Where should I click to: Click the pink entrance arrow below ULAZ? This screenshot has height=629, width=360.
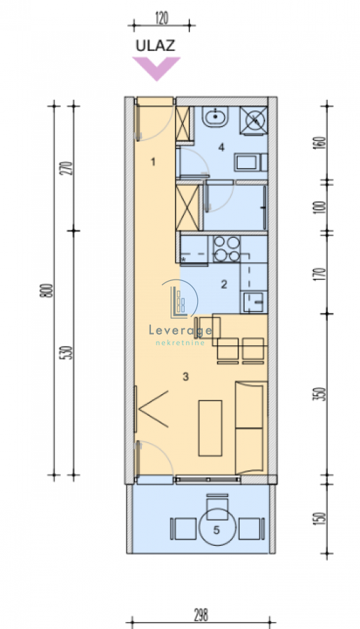pos(156,67)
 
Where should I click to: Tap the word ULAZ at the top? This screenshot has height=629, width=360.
pos(155,45)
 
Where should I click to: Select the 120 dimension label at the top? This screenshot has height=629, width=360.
pos(161,18)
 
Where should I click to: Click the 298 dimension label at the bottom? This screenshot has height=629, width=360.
pos(201,614)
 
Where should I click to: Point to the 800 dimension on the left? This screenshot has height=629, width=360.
pos(48,290)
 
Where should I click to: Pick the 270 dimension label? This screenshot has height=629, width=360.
pos(69,168)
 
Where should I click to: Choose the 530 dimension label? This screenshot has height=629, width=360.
pos(69,353)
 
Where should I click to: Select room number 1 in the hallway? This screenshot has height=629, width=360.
pos(152,161)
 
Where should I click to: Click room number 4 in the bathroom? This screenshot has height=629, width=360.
pos(221,147)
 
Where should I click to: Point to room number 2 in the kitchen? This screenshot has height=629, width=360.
pos(224,284)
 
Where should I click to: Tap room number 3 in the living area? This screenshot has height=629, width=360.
pos(185,377)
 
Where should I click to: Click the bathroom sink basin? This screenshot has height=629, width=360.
pos(215,117)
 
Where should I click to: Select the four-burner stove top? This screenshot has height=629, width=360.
pos(226,249)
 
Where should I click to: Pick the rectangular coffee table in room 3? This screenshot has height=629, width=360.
pos(210,428)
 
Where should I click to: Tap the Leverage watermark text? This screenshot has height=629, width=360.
pos(180,331)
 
